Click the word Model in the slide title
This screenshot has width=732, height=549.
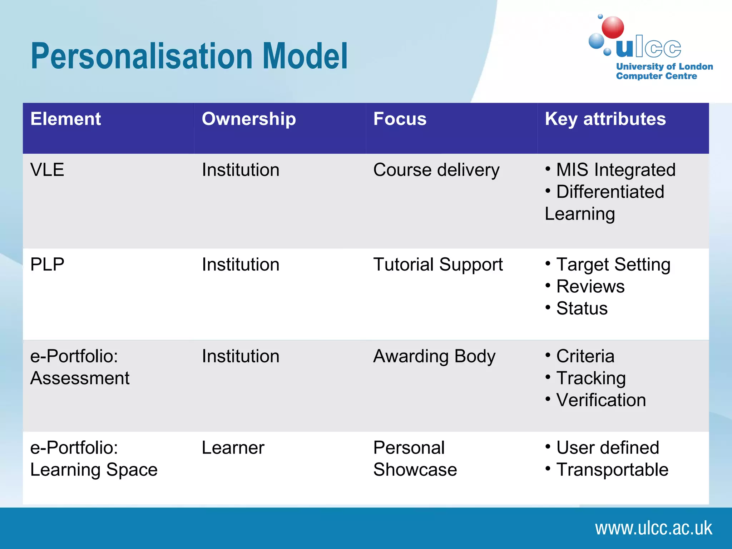pyautogui.click(x=305, y=56)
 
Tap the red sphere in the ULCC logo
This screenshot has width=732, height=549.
pyautogui.click(x=613, y=28)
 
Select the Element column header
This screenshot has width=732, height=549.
pyautogui.click(x=66, y=119)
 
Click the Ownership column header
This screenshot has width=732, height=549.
pyautogui.click(x=249, y=119)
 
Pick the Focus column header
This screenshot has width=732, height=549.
pyautogui.click(x=400, y=119)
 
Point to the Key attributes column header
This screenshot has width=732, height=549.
pyautogui.click(x=605, y=119)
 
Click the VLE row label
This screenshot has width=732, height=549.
pyautogui.click(x=47, y=170)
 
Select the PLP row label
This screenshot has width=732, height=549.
pyautogui.click(x=47, y=265)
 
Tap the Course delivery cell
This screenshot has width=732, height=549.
pyautogui.click(x=436, y=170)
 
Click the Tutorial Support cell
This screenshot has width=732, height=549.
pyautogui.click(x=438, y=265)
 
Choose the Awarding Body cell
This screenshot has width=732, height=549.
pyautogui.click(x=434, y=356)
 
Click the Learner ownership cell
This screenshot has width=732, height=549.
pyautogui.click(x=233, y=448)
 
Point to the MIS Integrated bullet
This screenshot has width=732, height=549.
pyautogui.click(x=615, y=170)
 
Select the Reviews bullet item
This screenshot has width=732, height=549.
pyautogui.click(x=590, y=287)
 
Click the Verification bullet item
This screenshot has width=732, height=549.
pyautogui.click(x=601, y=400)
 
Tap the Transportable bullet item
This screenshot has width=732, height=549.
pyautogui.click(x=612, y=470)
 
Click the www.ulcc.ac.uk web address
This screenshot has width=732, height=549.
pyautogui.click(x=653, y=528)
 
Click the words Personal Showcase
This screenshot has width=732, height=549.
pyautogui.click(x=415, y=459)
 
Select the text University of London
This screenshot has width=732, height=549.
pyautogui.click(x=664, y=66)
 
